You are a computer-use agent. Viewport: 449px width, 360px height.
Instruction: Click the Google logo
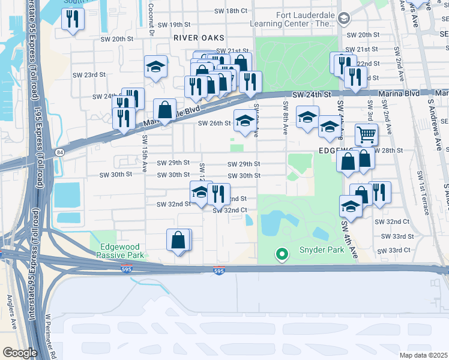(x=20, y=353)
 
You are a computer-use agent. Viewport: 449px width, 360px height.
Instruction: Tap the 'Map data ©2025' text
(x=423, y=355)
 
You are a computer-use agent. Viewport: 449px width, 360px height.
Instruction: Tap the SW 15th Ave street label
(x=145, y=154)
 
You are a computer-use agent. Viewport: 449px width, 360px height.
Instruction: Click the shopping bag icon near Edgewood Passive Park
(x=179, y=240)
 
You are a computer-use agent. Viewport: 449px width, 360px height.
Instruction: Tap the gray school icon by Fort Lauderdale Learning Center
(x=343, y=19)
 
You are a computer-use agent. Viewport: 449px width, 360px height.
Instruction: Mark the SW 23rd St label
(x=89, y=75)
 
